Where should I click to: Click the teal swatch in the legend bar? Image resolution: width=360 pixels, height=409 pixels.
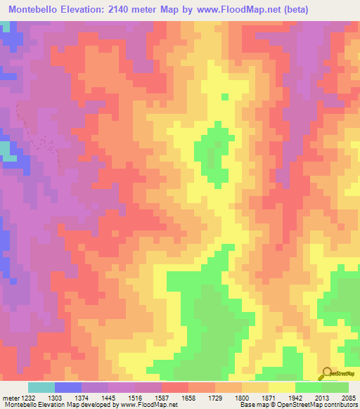tap(41, 388)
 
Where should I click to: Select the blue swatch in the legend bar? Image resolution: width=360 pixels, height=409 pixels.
tap(68, 388)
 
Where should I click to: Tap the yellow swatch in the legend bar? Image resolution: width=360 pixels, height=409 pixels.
tap(282, 388)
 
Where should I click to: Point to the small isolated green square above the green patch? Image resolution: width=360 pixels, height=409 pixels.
tap(225, 97)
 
